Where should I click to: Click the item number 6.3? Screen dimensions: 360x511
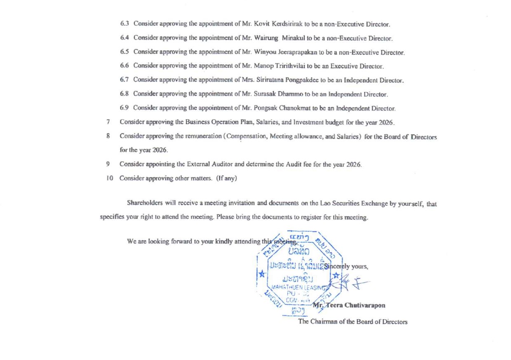click(x=124, y=25)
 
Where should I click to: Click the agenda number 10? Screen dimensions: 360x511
click(x=108, y=179)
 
